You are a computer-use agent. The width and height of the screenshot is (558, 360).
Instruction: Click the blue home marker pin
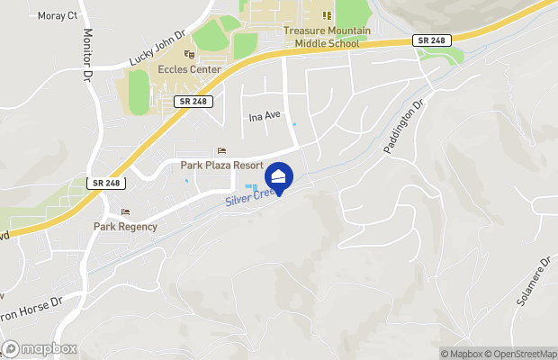(279, 175)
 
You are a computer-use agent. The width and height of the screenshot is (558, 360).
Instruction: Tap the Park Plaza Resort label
(221, 166)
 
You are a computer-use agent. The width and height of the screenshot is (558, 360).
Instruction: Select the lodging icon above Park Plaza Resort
(222, 150)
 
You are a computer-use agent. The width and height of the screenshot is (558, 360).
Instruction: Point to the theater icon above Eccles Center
(188, 54)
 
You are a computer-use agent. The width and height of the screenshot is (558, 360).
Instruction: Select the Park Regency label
(125, 227)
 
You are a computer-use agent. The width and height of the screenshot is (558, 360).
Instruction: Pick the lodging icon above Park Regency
(125, 212)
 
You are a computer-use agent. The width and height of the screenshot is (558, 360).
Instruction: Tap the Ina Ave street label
(265, 116)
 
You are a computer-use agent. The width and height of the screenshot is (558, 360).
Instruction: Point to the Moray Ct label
(58, 16)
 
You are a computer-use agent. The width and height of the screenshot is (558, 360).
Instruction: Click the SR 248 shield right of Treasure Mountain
(430, 40)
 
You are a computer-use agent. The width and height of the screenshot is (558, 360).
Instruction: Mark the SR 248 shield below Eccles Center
(195, 102)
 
